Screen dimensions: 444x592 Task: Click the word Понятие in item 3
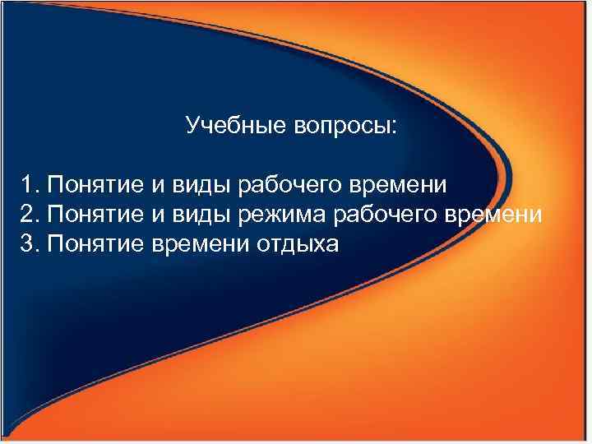pos(96,244)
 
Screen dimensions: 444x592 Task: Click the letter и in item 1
pos(159,185)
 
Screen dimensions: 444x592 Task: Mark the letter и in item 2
pos(159,215)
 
